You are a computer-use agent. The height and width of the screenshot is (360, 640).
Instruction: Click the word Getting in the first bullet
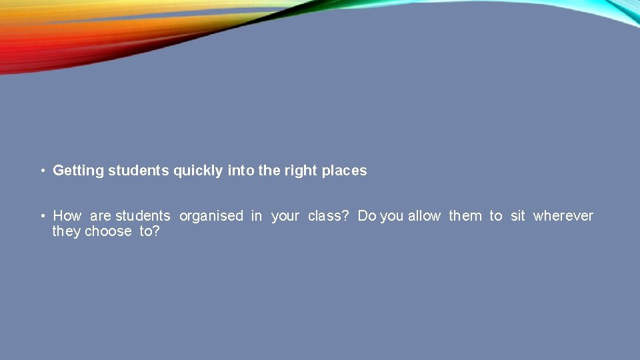coord(78,171)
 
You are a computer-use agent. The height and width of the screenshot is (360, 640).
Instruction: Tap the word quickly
coord(198,171)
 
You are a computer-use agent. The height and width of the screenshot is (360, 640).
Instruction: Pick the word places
coord(344,171)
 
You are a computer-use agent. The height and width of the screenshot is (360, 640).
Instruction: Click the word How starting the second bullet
coord(67,216)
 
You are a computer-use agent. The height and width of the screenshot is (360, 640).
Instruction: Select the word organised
coord(211,216)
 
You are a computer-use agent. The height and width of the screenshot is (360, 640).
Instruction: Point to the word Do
coord(367,216)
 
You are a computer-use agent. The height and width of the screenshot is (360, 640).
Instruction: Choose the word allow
coord(424,216)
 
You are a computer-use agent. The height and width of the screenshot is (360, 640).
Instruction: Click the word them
coord(465,216)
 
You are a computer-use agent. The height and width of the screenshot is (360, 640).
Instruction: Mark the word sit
coord(518,216)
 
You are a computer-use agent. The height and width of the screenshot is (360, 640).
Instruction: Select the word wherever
coord(563,216)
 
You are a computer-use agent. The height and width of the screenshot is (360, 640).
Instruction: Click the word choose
coord(108,231)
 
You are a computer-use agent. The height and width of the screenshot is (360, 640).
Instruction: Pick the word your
coord(285,216)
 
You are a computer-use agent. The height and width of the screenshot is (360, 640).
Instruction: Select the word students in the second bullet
coord(143,216)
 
